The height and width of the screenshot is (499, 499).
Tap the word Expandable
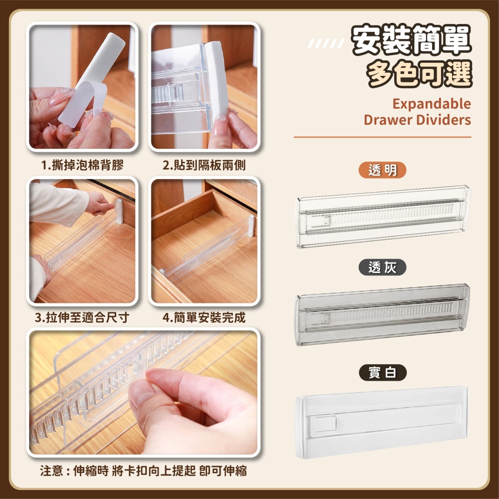(431, 104)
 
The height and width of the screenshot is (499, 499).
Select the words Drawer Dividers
(417, 120)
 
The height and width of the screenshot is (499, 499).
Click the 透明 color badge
(383, 170)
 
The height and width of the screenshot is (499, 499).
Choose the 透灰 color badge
(383, 267)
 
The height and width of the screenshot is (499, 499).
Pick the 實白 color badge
(383, 372)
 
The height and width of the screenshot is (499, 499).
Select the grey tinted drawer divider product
(383, 314)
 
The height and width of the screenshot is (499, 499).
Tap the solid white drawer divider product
(383, 419)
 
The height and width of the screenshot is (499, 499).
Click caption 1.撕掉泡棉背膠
(82, 165)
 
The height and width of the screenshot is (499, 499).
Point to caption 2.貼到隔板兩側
(205, 165)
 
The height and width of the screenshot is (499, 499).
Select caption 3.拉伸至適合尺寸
(82, 318)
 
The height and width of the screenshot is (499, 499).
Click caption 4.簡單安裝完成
(205, 318)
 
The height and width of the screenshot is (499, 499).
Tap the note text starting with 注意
(144, 471)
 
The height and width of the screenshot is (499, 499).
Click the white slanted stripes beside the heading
(325, 45)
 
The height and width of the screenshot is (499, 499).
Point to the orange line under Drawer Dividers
(382, 137)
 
